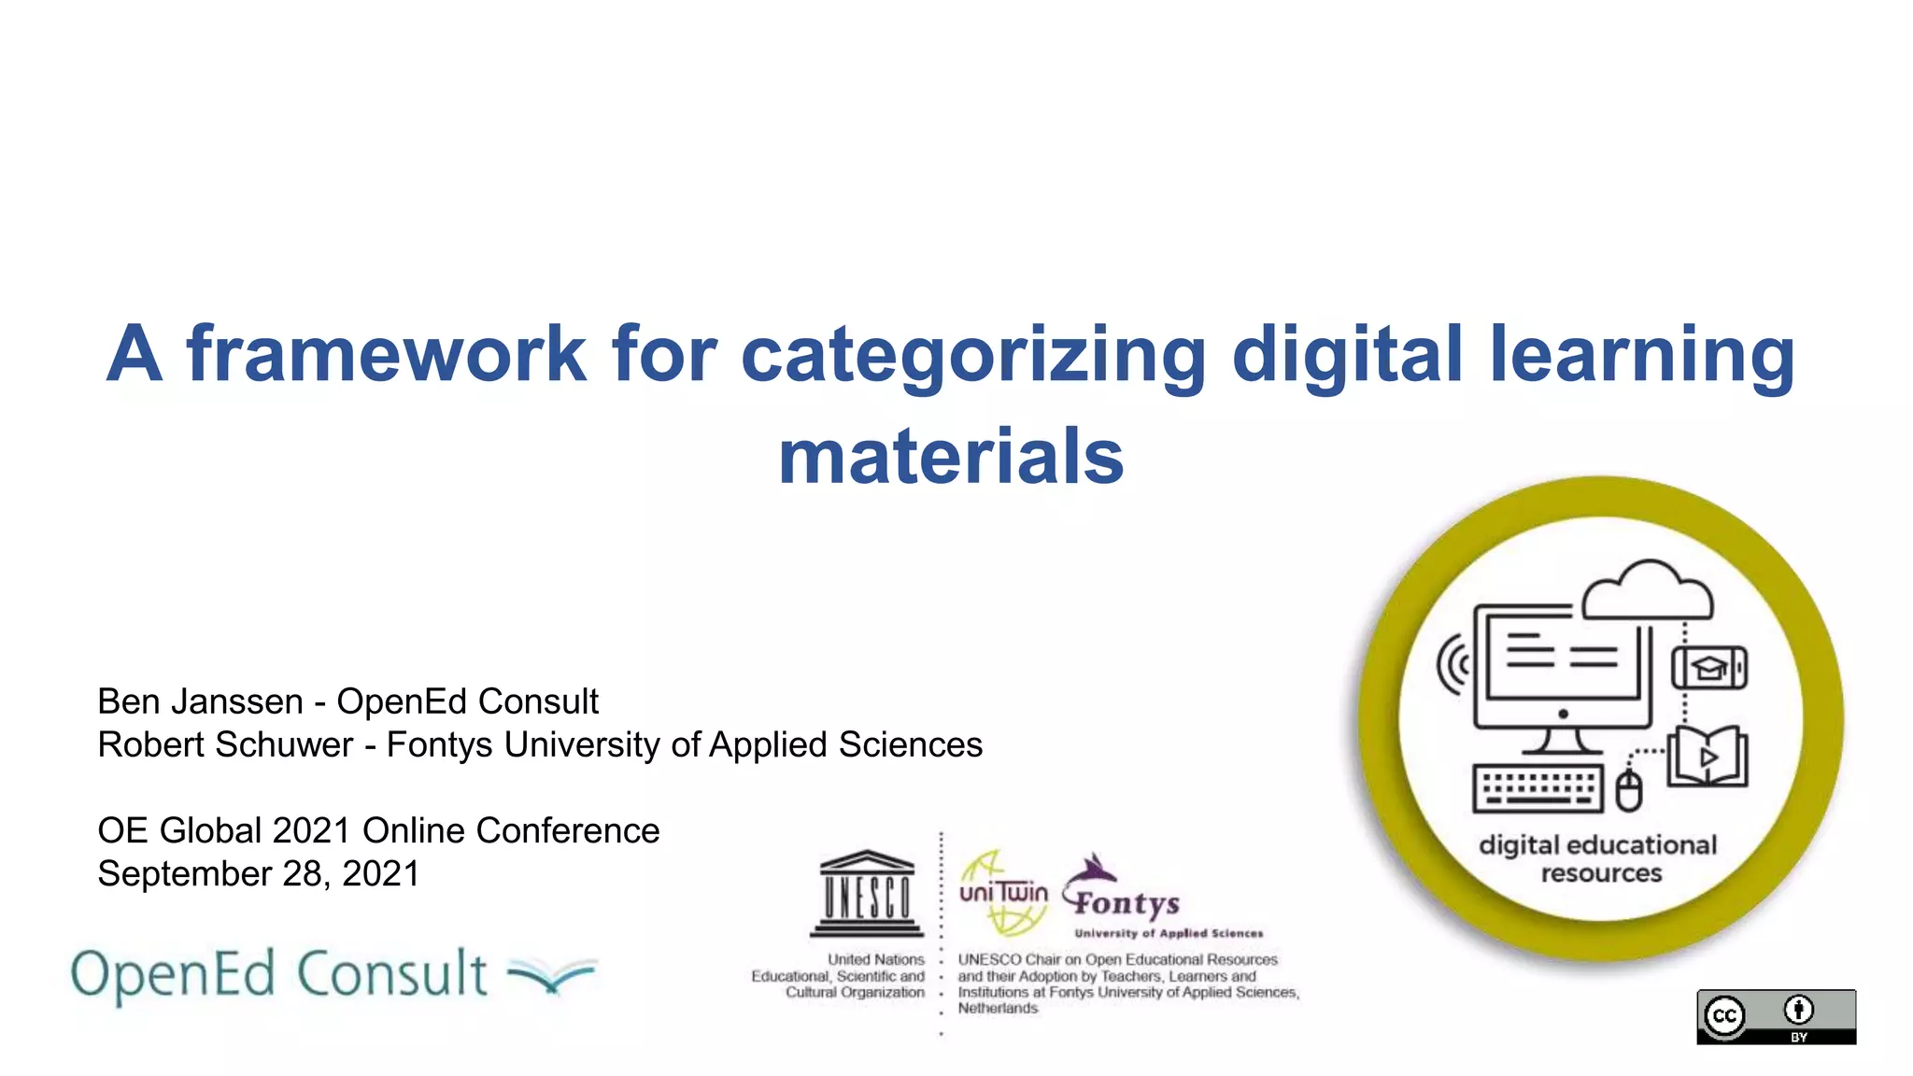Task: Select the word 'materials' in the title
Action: (951, 457)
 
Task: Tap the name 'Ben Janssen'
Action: (200, 701)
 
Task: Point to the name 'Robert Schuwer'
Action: (225, 744)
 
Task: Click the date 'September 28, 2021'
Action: (259, 873)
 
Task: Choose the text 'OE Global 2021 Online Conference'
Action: (378, 830)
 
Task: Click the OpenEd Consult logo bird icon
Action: (551, 975)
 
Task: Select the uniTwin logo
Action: (1003, 893)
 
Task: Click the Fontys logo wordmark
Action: (1127, 902)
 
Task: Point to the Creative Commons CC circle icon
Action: (1724, 1016)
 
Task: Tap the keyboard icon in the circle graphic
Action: (1537, 787)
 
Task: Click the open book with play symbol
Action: (1708, 757)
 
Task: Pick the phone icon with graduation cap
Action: (1709, 668)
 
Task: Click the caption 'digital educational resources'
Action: (1598, 858)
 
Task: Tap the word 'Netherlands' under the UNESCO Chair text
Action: (998, 1009)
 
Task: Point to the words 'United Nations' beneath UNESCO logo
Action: (875, 959)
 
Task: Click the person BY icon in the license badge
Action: (1799, 1011)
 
